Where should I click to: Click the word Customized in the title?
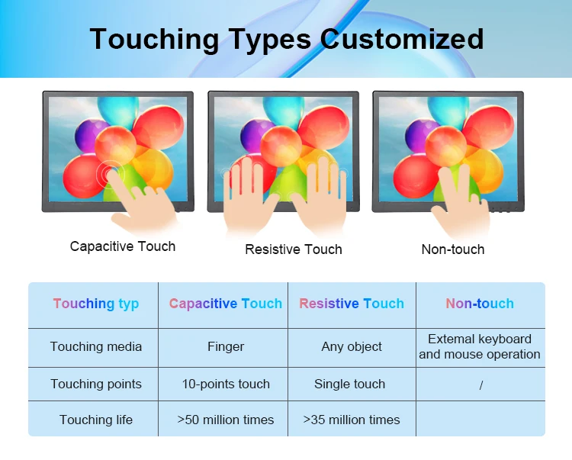click(402, 39)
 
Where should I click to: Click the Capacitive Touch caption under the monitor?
click(123, 246)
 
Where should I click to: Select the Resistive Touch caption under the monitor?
click(294, 249)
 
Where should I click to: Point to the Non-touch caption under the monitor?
click(453, 249)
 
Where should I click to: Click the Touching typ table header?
click(96, 304)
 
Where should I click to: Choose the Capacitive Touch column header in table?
click(226, 304)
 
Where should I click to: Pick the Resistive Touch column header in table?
click(352, 304)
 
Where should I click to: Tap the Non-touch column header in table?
click(480, 304)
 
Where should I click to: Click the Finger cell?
click(226, 346)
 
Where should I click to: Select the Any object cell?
click(352, 346)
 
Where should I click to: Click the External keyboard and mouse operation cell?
click(480, 346)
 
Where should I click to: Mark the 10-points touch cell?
click(226, 384)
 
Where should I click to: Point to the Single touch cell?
click(349, 384)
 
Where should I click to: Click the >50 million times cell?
click(226, 420)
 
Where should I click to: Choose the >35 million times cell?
click(352, 420)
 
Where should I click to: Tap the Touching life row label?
click(96, 420)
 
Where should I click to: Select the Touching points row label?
click(96, 384)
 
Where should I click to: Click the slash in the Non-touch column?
click(481, 385)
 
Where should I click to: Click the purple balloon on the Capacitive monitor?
click(88, 136)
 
